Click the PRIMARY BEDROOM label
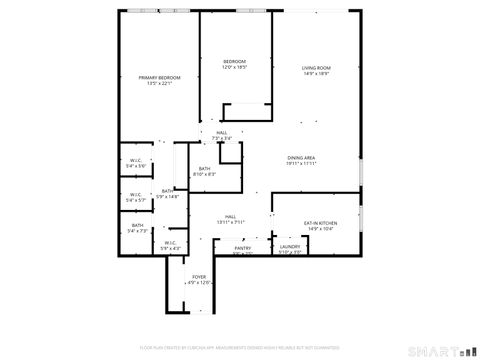coord(160,77)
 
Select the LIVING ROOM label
coord(317,67)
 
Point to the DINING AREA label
coord(302,158)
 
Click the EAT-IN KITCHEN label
coord(320,223)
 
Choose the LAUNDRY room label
coord(290,246)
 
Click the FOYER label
coord(199,277)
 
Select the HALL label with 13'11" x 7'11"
coord(230,219)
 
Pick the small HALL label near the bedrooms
coord(221,132)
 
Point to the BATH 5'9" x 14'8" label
coord(167,194)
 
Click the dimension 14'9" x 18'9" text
coord(317,73)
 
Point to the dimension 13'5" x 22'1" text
coord(160,83)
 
